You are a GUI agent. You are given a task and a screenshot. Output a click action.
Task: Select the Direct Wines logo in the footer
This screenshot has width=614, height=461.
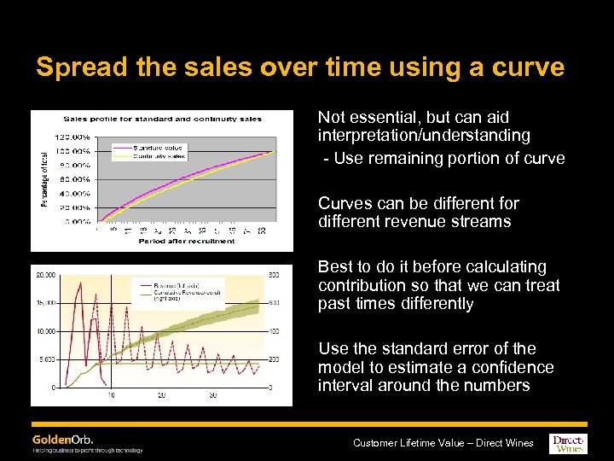[569, 442]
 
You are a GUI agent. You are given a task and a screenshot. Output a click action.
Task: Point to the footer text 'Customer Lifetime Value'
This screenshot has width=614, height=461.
[409, 442]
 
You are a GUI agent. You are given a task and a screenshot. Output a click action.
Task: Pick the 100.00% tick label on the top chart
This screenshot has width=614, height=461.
[74, 150]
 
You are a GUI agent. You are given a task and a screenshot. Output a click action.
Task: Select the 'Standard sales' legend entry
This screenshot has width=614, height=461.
[159, 148]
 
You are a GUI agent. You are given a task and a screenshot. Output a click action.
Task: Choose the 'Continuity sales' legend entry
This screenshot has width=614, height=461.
[159, 156]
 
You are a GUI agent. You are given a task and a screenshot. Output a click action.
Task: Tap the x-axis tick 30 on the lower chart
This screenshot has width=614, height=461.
[212, 395]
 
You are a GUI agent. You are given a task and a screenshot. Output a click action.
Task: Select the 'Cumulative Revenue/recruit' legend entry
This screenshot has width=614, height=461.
[185, 292]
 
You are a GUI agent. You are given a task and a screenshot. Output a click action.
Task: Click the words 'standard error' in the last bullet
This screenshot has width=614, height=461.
[449, 348]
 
